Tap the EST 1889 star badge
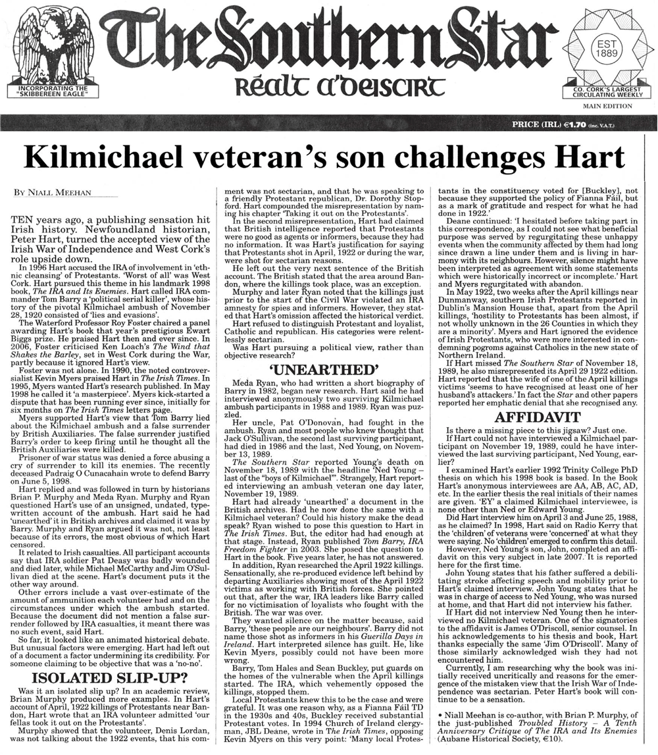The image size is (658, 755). click(605, 46)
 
